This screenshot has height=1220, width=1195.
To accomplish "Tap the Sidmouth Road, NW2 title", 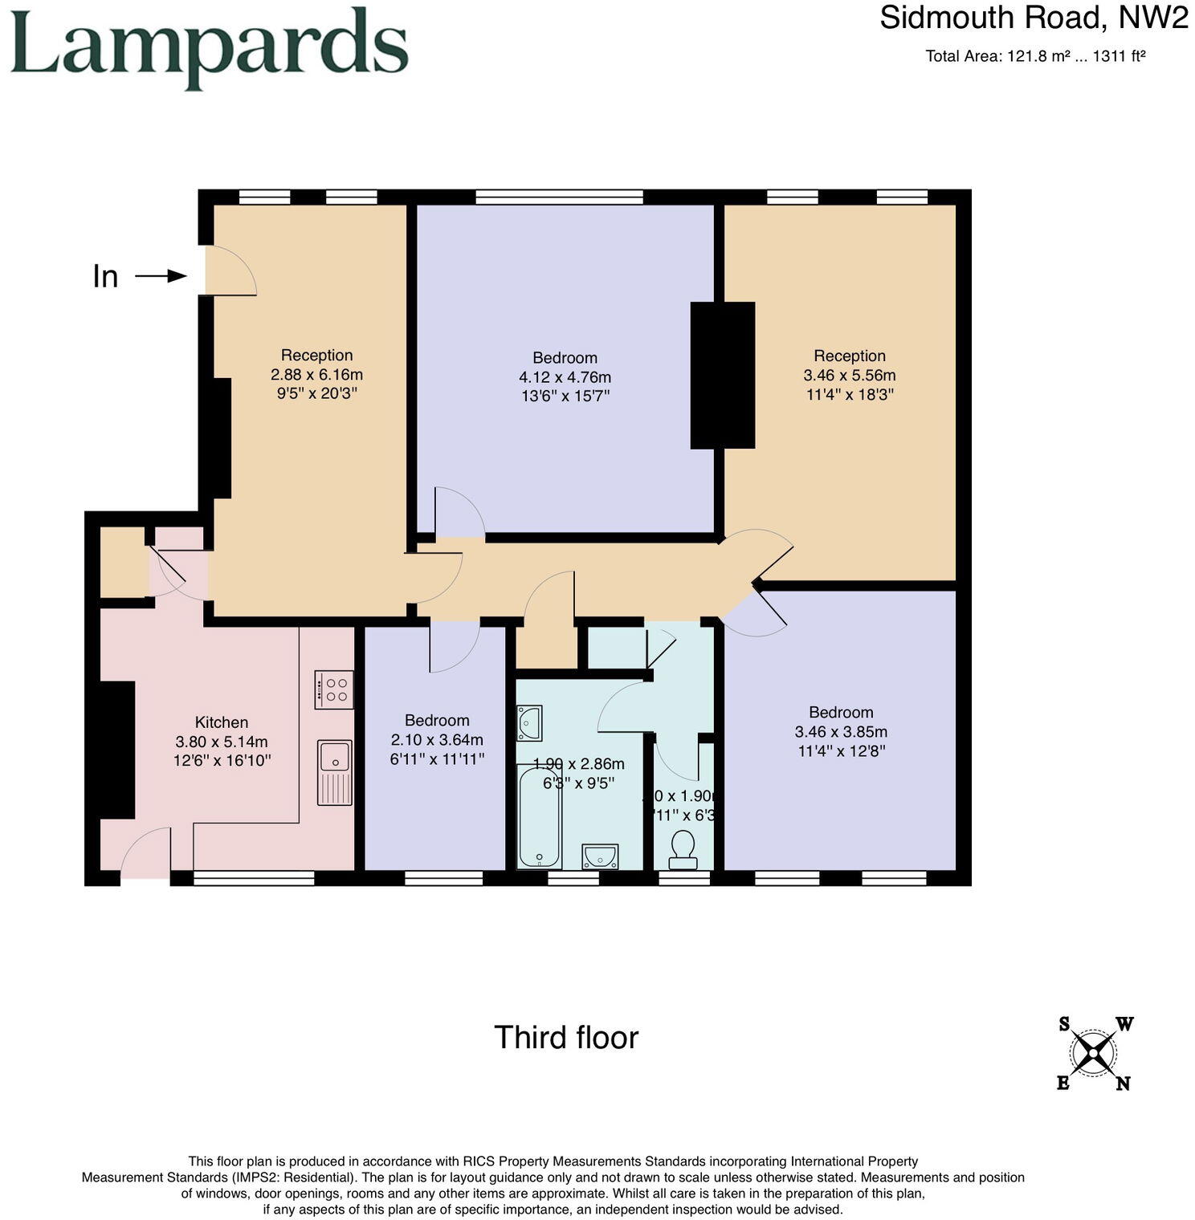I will pos(1033,18).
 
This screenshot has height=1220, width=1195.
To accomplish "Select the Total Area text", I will pos(1034,56).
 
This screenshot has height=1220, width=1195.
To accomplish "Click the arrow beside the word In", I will pos(161,276).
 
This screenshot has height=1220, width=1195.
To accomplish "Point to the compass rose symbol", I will pos(1093,1052).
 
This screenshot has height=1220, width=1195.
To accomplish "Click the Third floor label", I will pos(566,1037).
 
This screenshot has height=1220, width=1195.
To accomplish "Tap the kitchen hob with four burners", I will pos(334,689).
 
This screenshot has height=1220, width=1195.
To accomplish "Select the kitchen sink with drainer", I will pos(335,772).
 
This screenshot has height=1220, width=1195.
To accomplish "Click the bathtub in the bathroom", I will pos(539,816).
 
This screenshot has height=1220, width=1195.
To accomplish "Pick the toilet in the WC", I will pos(683,850).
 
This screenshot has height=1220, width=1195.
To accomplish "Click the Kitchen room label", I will pos(222,722).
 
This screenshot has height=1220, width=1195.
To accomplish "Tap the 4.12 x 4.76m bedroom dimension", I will pos(565,376).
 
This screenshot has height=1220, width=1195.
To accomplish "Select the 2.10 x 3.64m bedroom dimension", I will pos(437,739).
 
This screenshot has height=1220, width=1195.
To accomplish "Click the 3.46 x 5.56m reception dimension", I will pos(849,375).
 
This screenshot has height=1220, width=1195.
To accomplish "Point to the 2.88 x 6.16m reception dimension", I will pos(316,374).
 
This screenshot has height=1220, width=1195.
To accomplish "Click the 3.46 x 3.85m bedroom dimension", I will pos(841,731).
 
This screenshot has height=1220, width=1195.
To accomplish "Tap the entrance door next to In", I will pos(229,270).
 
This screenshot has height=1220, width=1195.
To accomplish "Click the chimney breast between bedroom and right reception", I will pos(723,375).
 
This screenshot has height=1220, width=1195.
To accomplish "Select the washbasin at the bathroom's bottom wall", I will pos(600,856).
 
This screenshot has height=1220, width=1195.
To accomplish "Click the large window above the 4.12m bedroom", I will pos(559,197).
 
